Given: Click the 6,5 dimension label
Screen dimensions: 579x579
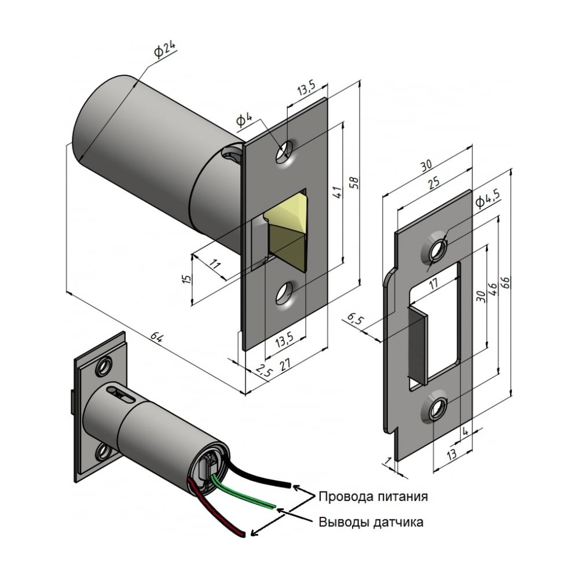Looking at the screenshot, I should pyautogui.click(x=356, y=318).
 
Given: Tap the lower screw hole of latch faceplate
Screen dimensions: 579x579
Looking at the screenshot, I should pyautogui.click(x=284, y=294).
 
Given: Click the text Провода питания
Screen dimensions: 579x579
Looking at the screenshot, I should pyautogui.click(x=373, y=496).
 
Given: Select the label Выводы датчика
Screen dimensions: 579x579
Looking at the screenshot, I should pyautogui.click(x=371, y=522).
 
